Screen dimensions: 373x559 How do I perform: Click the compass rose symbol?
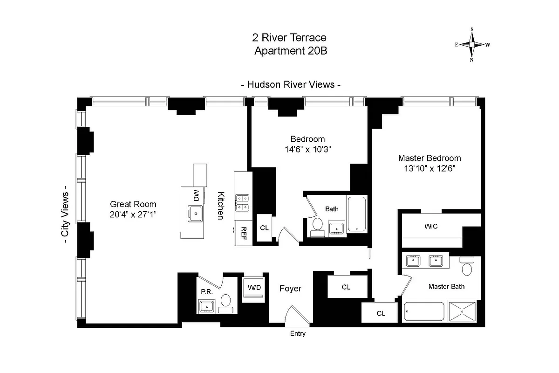[x=472, y=45]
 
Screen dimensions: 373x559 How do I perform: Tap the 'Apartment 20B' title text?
[x=291, y=51]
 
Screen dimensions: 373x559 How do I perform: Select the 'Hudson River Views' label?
[x=291, y=84]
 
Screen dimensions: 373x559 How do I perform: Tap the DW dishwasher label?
[x=196, y=195]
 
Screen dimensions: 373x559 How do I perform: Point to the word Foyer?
[x=290, y=289]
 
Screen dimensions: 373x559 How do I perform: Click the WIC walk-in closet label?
[x=430, y=226]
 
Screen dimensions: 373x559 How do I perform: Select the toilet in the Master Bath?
[x=467, y=267]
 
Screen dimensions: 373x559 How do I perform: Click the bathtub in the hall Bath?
[x=357, y=214]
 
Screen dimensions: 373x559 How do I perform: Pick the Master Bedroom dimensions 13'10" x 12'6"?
[x=429, y=168]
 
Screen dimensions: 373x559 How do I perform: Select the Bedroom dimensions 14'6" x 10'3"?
[x=307, y=149]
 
